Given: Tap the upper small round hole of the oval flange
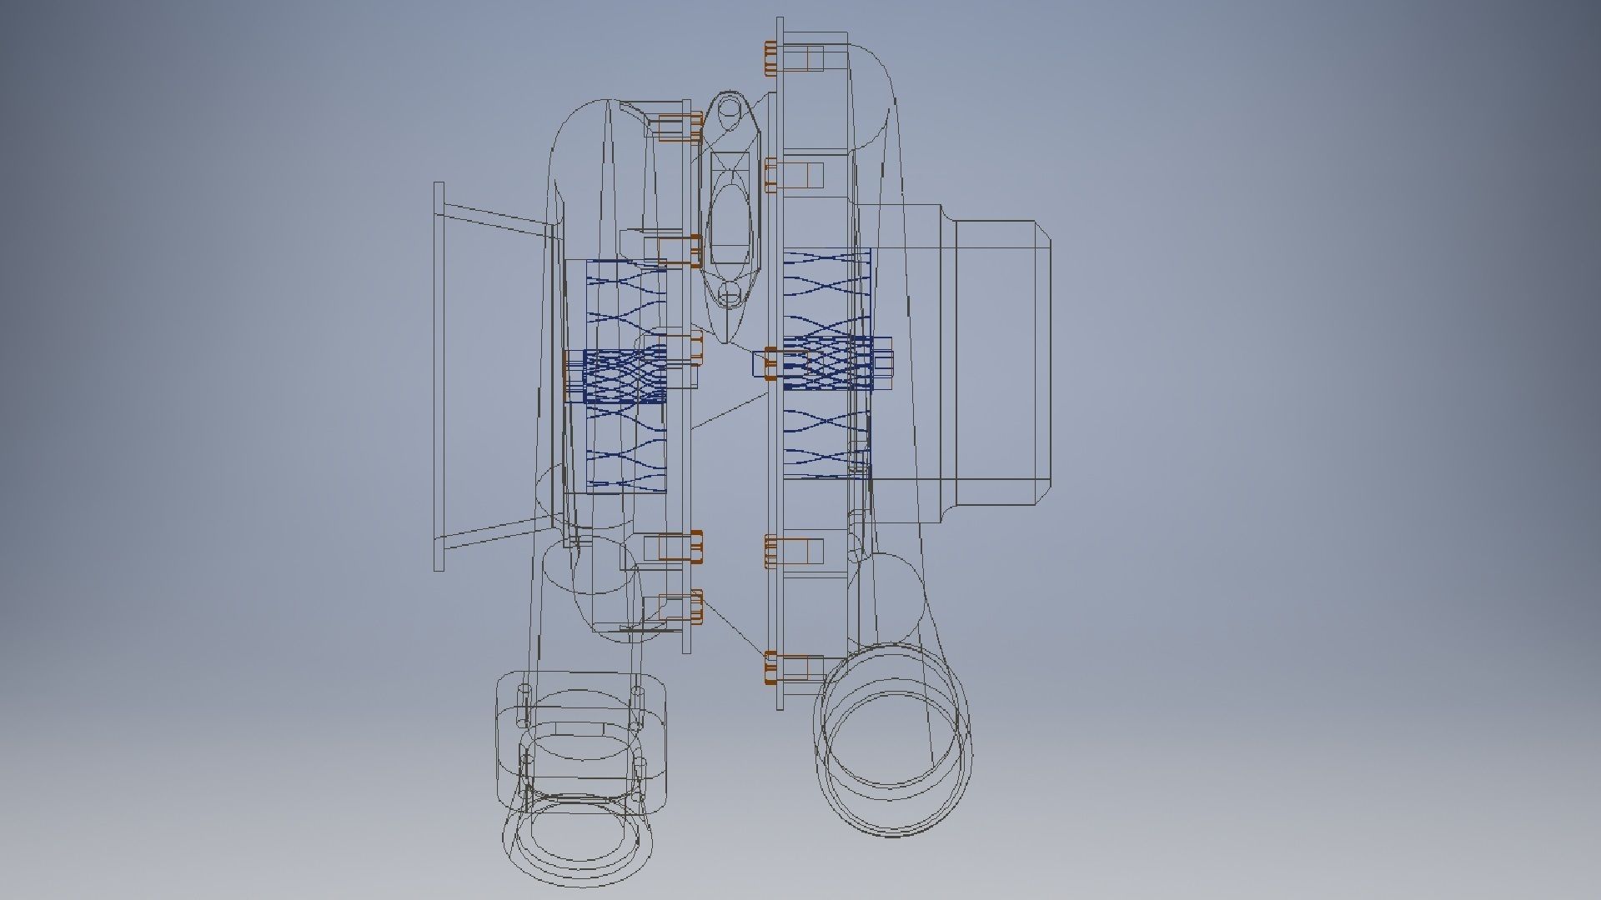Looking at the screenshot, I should pyautogui.click(x=729, y=109).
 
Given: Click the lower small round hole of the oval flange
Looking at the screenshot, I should pyautogui.click(x=730, y=293).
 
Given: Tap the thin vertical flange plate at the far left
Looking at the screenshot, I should pyautogui.click(x=439, y=376).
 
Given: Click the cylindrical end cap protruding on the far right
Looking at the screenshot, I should pyautogui.click(x=1001, y=362).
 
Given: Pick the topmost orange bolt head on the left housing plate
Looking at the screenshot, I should pyautogui.click(x=696, y=126).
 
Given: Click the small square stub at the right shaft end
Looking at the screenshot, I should pyautogui.click(x=883, y=362).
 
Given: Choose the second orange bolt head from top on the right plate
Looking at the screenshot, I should pyautogui.click(x=770, y=175).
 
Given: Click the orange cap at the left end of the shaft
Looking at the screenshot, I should pyautogui.click(x=566, y=375).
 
